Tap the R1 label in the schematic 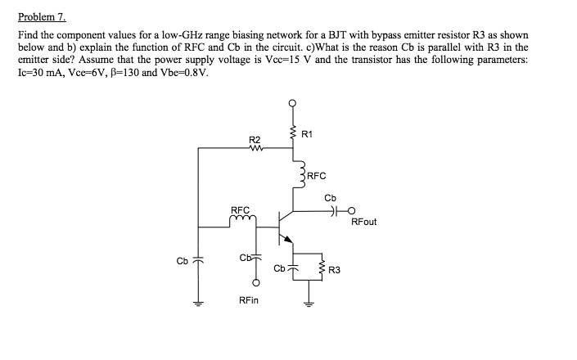306,133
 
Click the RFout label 364,221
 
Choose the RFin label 249,300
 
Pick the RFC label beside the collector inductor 317,175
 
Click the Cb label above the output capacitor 330,197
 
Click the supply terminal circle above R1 292,103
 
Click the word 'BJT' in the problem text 361,36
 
